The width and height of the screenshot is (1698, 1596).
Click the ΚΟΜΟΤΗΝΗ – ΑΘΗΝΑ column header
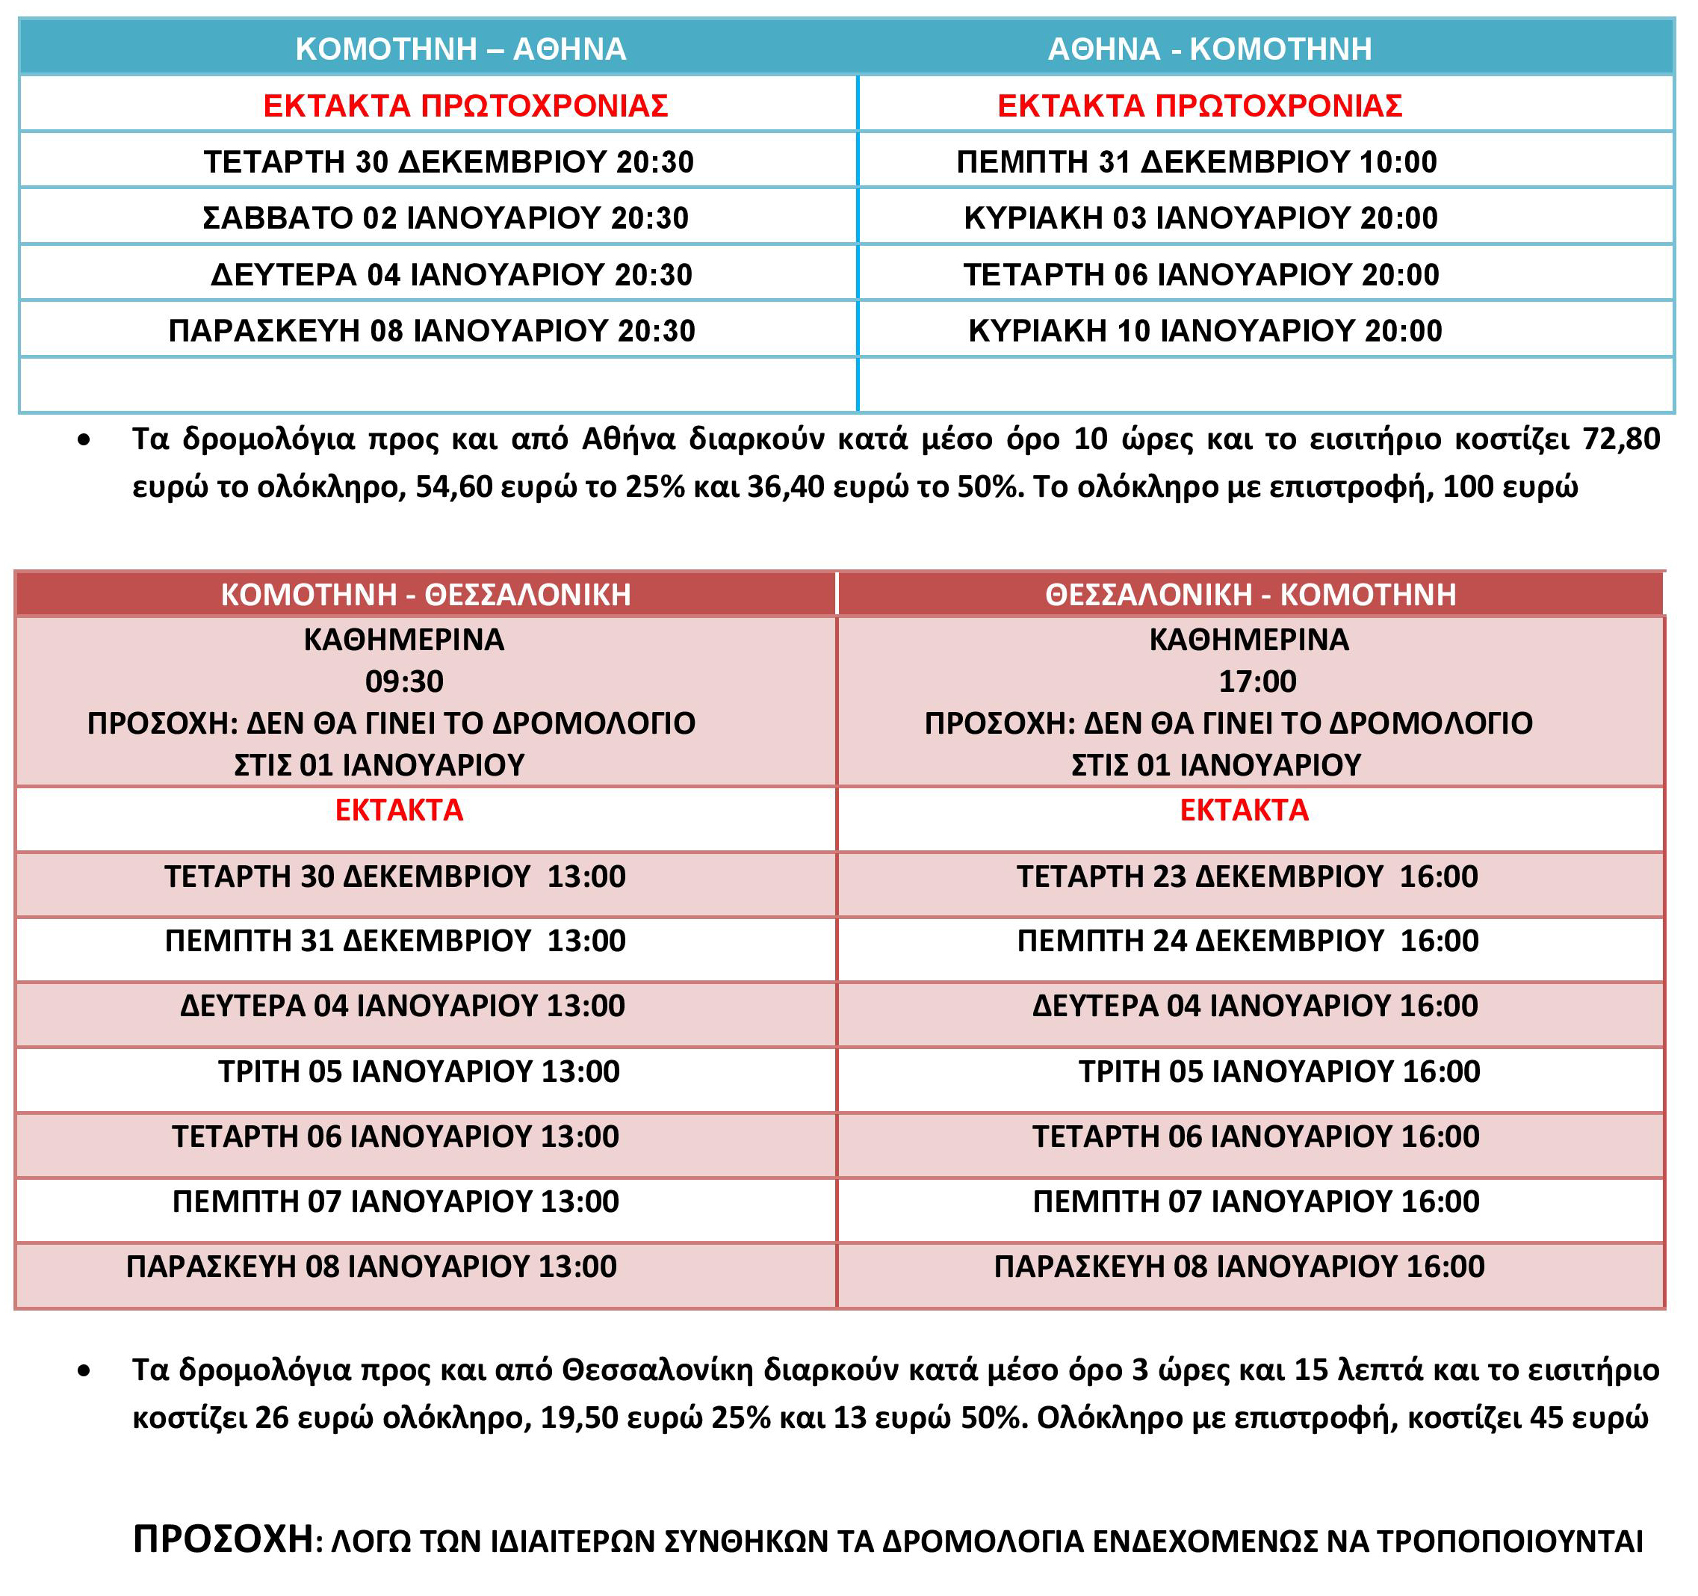point(460,49)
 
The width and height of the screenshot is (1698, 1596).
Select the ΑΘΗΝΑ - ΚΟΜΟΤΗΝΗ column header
point(1209,49)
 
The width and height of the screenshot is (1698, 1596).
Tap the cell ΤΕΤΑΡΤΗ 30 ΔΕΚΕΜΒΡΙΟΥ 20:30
point(448,161)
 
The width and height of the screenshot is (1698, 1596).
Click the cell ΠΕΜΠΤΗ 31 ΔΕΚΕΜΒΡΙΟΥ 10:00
point(1197,161)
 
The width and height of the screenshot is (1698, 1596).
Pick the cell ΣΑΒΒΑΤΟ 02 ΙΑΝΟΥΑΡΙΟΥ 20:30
point(445,218)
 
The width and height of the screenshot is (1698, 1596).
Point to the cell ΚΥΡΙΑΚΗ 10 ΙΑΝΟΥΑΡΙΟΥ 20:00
point(1205,331)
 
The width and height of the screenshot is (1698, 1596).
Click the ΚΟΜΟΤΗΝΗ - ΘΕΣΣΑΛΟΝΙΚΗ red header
point(425,595)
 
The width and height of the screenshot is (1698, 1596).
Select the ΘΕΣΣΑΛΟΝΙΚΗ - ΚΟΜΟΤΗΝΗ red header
point(1251,595)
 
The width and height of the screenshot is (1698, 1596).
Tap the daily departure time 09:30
point(404,681)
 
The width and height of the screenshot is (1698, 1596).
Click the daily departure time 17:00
point(1257,681)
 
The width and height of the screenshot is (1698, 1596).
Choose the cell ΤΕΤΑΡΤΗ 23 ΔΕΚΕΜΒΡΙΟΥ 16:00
point(1247,876)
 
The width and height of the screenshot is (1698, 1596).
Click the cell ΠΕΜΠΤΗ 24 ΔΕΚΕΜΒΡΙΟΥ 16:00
point(1248,941)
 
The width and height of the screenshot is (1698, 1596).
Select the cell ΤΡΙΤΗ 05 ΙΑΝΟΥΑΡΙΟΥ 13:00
point(418,1071)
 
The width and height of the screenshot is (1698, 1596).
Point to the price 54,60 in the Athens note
point(453,487)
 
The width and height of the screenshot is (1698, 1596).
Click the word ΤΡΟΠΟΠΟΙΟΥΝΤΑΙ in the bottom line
point(1509,1541)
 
